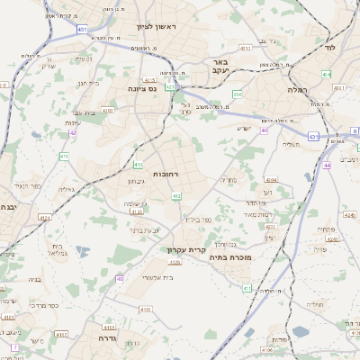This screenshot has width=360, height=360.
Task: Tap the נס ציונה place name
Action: click(141, 88)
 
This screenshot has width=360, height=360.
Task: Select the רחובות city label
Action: click(167, 173)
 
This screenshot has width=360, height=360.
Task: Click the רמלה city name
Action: click(298, 90)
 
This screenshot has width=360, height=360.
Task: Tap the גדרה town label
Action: click(112, 337)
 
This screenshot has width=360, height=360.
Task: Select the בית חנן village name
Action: click(87, 83)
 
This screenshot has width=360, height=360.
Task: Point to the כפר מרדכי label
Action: click(42, 305)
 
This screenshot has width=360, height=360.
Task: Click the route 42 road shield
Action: click(72, 133)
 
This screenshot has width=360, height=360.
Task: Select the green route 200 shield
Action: click(238, 94)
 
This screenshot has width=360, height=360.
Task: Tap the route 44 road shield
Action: click(328, 166)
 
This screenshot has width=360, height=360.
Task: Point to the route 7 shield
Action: click(14, 346)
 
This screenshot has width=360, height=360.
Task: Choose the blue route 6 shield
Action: click(355, 131)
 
